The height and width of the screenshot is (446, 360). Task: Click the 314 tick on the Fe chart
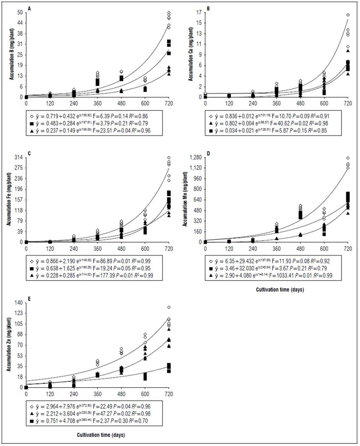click(18, 158)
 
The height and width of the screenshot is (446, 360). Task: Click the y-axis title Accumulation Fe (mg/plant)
click(9, 200)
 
